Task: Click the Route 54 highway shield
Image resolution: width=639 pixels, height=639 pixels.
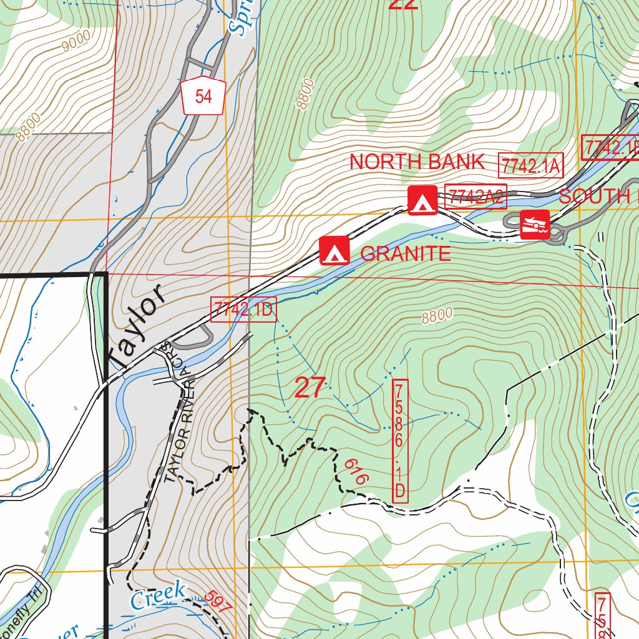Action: (x=203, y=97)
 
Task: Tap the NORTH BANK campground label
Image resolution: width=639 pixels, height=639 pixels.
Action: (x=416, y=162)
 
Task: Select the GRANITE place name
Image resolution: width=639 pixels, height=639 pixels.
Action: (x=405, y=253)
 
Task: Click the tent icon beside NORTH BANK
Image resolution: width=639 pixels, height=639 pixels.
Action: (x=422, y=200)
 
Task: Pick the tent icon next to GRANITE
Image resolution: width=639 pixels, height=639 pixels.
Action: (x=334, y=251)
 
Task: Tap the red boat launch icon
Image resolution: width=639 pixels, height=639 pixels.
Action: (x=535, y=225)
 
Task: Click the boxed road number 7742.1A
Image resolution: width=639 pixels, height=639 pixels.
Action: (x=531, y=166)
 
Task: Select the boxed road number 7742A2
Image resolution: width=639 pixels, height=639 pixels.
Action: (x=476, y=197)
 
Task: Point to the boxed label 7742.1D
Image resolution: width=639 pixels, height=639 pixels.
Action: (x=243, y=310)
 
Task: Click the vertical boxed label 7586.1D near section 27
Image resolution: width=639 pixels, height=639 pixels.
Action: (x=400, y=441)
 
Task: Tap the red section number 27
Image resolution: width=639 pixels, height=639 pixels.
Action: (x=310, y=388)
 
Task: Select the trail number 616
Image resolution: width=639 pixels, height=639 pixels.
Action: (x=356, y=471)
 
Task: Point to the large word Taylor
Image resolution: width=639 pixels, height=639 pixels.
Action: (x=136, y=326)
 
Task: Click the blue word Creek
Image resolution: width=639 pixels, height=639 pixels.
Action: (x=159, y=594)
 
